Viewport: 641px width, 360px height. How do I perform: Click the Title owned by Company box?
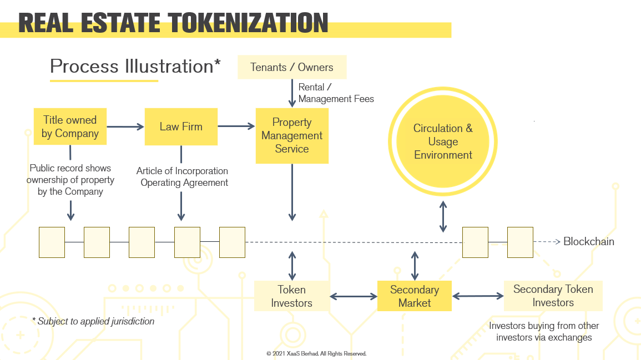pyautogui.click(x=70, y=126)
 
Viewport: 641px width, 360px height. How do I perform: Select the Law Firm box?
pyautogui.click(x=181, y=126)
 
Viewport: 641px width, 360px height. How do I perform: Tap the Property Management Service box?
pyautogui.click(x=292, y=135)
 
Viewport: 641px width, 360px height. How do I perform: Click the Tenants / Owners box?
pyautogui.click(x=292, y=67)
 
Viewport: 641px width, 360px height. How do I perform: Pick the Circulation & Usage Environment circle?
pyautogui.click(x=443, y=141)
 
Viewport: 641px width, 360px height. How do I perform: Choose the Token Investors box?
pyautogui.click(x=292, y=296)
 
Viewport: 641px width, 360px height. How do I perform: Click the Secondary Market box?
pyautogui.click(x=414, y=296)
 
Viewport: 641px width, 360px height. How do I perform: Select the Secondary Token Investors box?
pyautogui.click(x=553, y=296)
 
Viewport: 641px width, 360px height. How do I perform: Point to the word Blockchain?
pyautogui.click(x=589, y=241)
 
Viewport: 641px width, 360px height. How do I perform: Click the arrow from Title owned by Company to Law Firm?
pyautogui.click(x=125, y=126)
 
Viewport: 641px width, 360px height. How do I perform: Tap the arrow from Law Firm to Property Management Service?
pyautogui.click(x=236, y=126)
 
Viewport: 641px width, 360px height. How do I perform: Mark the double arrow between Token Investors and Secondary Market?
pyautogui.click(x=354, y=297)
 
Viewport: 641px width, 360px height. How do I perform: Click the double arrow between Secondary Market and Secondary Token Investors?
pyautogui.click(x=477, y=296)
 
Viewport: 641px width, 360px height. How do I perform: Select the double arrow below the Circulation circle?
pyautogui.click(x=443, y=216)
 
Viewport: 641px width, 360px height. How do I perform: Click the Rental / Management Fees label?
pyautogui.click(x=336, y=93)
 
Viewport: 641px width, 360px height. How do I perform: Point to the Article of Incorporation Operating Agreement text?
pyautogui.click(x=183, y=176)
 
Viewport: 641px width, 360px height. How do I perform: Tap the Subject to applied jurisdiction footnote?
pyautogui.click(x=93, y=321)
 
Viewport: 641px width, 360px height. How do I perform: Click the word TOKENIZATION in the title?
pyautogui.click(x=249, y=23)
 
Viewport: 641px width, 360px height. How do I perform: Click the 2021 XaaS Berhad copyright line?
pyautogui.click(x=316, y=353)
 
